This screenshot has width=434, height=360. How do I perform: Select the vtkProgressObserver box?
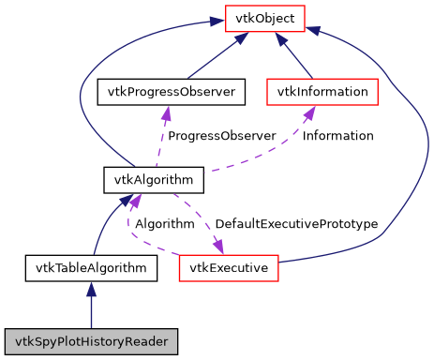pyautogui.click(x=172, y=92)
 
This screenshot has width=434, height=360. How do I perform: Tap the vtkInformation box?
pyautogui.click(x=322, y=92)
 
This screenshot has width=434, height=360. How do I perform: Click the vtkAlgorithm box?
pyautogui.click(x=140, y=178)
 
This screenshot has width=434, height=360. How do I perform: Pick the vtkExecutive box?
pyautogui.click(x=229, y=268)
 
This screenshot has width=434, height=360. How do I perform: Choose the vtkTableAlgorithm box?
pyautogui.click(x=90, y=268)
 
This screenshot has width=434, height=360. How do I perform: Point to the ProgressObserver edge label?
pyautogui.click(x=221, y=136)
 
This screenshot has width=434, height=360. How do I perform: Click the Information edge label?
pyautogui.click(x=338, y=136)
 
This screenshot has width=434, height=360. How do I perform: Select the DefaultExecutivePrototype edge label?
pyautogui.click(x=295, y=224)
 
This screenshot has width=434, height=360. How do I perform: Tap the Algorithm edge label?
pyautogui.click(x=164, y=224)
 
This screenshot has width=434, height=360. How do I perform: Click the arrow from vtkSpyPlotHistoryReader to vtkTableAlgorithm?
pyautogui.click(x=90, y=305)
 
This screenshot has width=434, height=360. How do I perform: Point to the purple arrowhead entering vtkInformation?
pyautogui.click(x=308, y=112)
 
